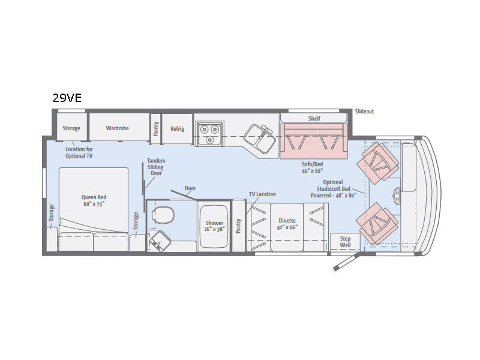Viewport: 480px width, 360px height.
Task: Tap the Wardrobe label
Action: pyautogui.click(x=118, y=128)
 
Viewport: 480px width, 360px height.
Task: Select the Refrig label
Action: pyautogui.click(x=177, y=129)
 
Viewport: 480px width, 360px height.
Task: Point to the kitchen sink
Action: pyautogui.click(x=260, y=137)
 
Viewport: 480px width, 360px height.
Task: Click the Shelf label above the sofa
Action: pyautogui.click(x=314, y=119)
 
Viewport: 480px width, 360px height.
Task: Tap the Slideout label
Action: pyautogui.click(x=364, y=112)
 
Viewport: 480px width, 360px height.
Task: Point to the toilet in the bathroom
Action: pyautogui.click(x=163, y=214)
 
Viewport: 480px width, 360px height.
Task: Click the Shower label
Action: pyautogui.click(x=214, y=227)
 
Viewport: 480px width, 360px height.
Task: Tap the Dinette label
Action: pyautogui.click(x=286, y=224)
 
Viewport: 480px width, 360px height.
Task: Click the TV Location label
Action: pyautogui.click(x=262, y=194)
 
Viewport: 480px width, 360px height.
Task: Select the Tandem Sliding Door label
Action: pyautogui.click(x=156, y=167)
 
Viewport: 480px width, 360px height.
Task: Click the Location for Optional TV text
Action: pyautogui.click(x=79, y=152)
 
